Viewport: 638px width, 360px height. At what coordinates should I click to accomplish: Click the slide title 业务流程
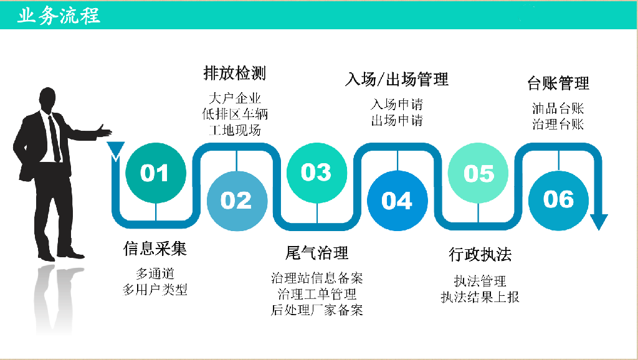(x=59, y=16)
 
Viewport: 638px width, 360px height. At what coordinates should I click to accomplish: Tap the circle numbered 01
(x=156, y=173)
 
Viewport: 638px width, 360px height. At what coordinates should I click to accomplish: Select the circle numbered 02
(x=237, y=201)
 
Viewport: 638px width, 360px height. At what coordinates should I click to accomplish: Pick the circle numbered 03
(x=317, y=173)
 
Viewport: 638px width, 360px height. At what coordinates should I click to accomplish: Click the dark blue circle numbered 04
(x=398, y=201)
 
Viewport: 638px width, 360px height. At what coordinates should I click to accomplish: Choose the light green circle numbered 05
(x=478, y=173)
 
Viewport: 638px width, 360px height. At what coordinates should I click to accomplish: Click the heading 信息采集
(x=155, y=249)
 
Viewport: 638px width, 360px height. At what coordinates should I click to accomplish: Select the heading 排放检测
(x=235, y=73)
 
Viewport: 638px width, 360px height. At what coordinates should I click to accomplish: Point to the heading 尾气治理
(x=317, y=253)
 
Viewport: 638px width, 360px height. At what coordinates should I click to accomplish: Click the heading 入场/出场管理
(x=397, y=79)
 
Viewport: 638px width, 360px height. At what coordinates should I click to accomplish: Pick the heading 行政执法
(x=480, y=255)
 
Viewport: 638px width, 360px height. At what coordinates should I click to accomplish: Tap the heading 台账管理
(x=558, y=83)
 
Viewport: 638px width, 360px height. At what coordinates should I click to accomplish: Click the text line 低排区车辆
(x=235, y=115)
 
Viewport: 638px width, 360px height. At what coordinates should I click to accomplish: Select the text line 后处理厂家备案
(x=317, y=310)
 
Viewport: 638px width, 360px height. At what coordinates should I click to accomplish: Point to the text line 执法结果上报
(x=480, y=297)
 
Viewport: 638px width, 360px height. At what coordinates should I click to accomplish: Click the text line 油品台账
(x=558, y=108)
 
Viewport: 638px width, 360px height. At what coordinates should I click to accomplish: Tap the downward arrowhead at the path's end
(x=599, y=222)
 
